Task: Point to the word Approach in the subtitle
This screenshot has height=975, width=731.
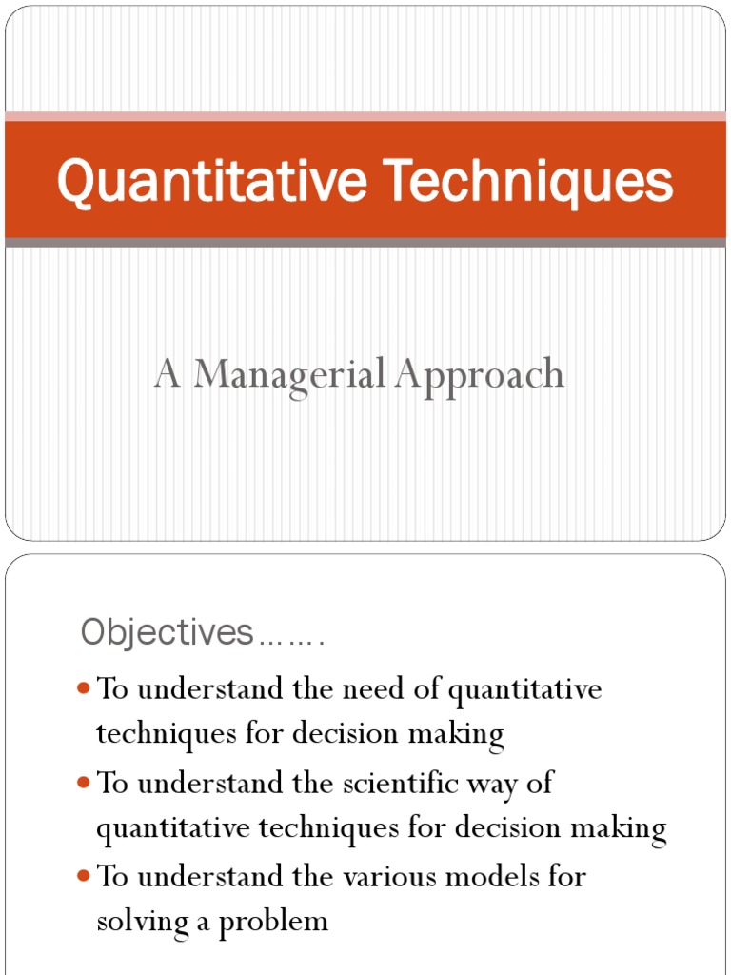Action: (x=482, y=375)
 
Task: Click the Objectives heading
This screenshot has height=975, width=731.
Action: (x=167, y=631)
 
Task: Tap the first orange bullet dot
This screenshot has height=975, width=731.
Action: (x=83, y=687)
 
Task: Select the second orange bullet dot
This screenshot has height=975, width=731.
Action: (x=83, y=782)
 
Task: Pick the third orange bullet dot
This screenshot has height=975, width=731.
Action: (x=83, y=875)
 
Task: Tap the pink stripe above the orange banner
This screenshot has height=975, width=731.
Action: (x=365, y=116)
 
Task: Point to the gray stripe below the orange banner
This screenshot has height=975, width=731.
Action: (x=365, y=243)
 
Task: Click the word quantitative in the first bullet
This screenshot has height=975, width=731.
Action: (x=524, y=689)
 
